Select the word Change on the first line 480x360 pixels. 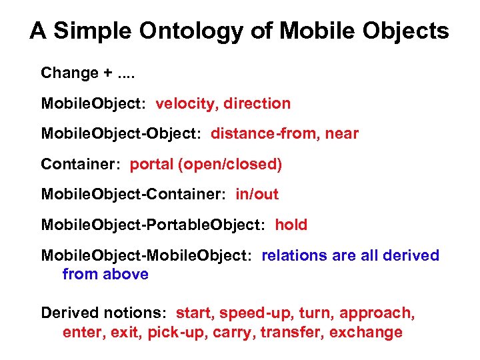click(x=69, y=73)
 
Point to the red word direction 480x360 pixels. click(x=257, y=103)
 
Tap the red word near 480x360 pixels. click(x=342, y=133)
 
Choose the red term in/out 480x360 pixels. click(x=257, y=194)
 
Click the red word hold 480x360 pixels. click(x=291, y=225)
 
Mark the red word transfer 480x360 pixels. click(x=291, y=332)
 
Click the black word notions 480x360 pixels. click(x=139, y=313)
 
